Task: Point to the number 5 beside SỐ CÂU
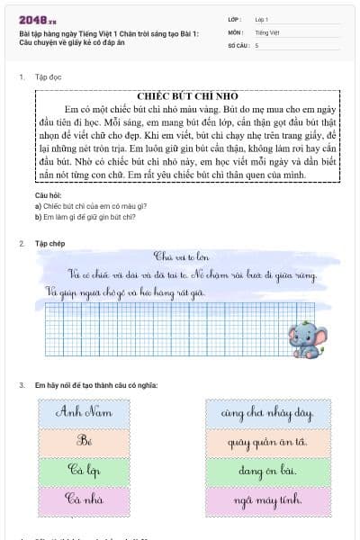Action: click(x=257, y=44)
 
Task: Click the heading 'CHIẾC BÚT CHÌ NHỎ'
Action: click(x=187, y=95)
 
